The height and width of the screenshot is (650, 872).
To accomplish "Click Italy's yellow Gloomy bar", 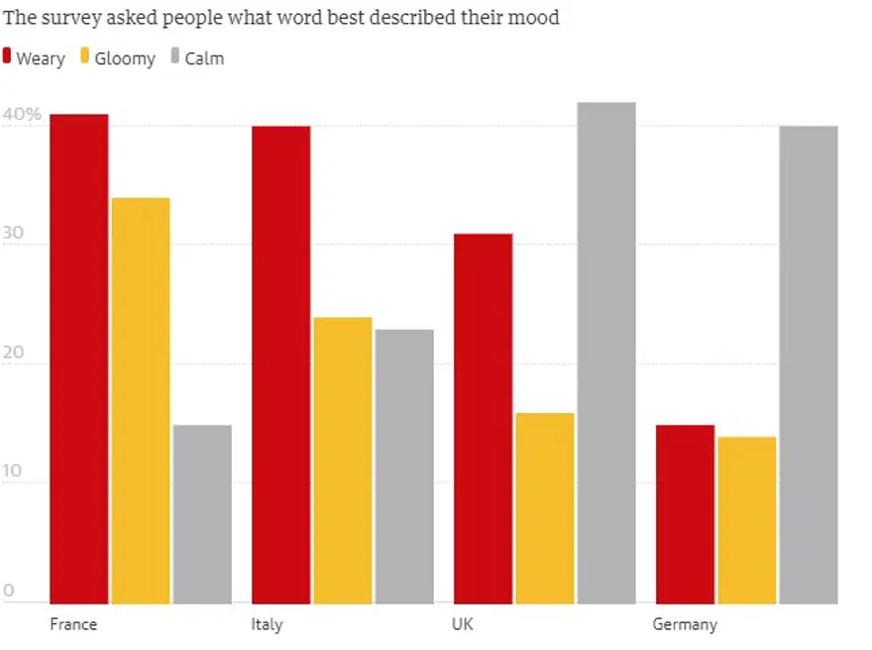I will pos(343,460).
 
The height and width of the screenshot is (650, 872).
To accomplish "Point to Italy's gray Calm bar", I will pos(404,466).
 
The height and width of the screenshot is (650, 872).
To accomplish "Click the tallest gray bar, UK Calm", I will pos(606,352).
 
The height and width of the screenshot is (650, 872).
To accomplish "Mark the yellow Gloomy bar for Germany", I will pos(747,519).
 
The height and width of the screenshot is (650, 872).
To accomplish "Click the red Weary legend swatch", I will pos(8,56).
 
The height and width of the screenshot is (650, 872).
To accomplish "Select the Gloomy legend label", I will pos(126,58).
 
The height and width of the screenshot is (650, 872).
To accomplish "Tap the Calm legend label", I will pos(204,58).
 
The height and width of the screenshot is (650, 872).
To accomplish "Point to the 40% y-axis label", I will pos(22,115).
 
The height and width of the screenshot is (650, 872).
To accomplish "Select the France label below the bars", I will pos(73,624).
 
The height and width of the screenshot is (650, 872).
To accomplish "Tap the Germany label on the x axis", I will pos(684,625).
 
